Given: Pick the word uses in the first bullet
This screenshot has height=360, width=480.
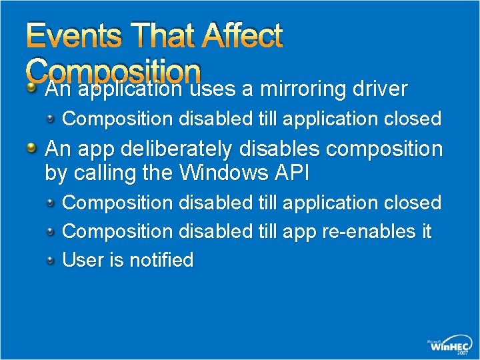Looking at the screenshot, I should (x=211, y=89).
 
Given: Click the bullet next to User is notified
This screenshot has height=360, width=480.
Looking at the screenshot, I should (x=51, y=261).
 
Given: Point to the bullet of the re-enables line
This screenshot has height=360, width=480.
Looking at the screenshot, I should (x=51, y=232).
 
